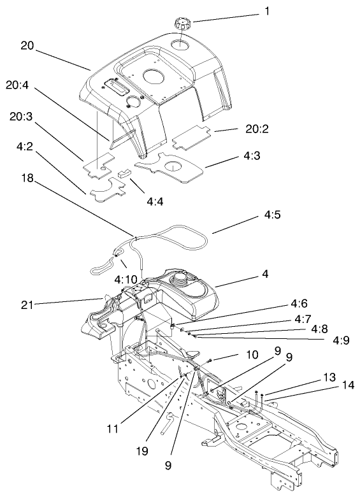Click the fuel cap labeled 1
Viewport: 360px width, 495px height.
[x=182, y=24]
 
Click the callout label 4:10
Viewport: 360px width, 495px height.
[x=127, y=278]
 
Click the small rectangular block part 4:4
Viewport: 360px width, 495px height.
[x=122, y=172]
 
